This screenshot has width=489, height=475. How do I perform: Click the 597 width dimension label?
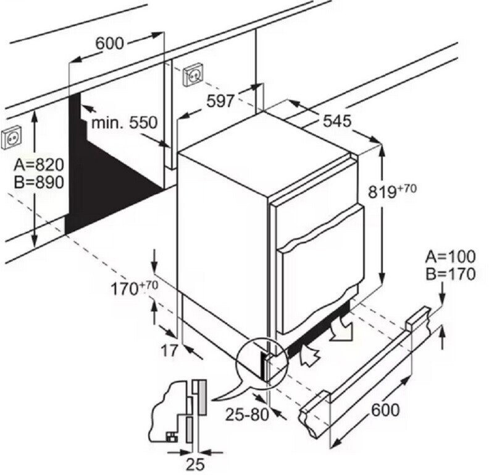tap(220, 101)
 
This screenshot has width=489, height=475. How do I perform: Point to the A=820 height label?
tap(39, 165)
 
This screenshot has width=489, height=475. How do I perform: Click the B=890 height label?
tap(39, 183)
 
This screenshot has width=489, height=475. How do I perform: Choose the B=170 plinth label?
tap(451, 274)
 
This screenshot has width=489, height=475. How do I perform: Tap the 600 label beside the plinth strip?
tap(386, 409)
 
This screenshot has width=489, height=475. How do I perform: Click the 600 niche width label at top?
tap(110, 43)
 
